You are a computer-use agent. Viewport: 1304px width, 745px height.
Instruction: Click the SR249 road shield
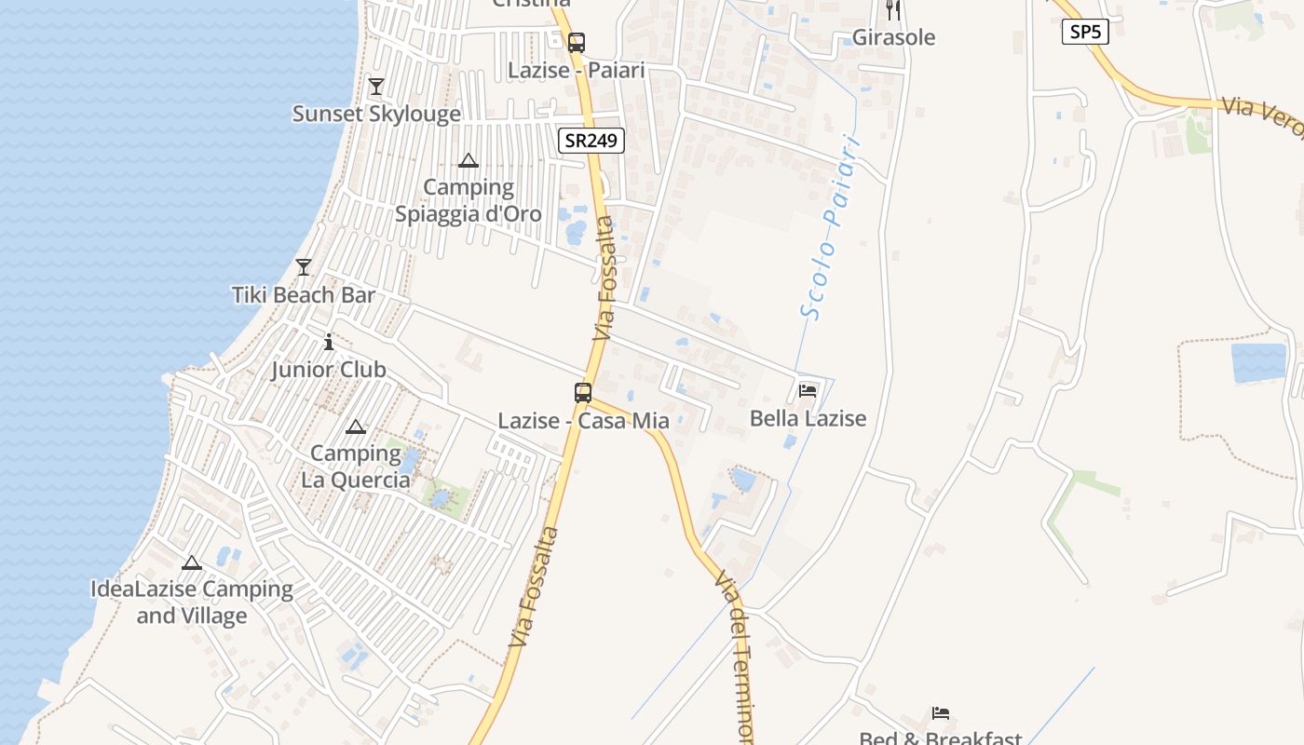point(591,141)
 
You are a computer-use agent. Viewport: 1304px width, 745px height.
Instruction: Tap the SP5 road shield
point(1084,32)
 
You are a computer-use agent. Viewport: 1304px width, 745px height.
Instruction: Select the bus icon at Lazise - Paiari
point(577,42)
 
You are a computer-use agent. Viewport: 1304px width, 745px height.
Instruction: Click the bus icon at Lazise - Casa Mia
point(583,393)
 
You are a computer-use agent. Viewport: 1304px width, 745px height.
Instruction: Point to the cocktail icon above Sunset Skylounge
point(376,87)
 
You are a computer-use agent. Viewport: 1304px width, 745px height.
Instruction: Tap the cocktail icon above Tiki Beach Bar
point(304,267)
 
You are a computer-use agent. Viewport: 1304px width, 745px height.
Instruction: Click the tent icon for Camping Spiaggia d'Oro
point(469,160)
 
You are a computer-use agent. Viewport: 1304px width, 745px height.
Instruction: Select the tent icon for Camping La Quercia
point(355,427)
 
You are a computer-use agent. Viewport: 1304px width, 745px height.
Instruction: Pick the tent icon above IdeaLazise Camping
point(192,562)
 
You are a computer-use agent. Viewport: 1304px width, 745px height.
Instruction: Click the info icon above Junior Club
point(329,342)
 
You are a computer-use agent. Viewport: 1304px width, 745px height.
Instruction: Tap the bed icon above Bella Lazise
point(808,391)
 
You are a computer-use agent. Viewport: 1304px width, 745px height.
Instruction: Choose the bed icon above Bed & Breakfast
point(941,713)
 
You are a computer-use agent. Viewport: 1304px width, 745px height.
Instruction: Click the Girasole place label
point(893,37)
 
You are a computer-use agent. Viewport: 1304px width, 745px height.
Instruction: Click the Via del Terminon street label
point(736,657)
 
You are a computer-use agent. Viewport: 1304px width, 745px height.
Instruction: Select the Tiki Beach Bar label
point(304,295)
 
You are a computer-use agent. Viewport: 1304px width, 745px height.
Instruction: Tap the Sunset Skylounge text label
point(376,114)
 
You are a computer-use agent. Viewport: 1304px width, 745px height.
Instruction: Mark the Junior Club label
point(329,370)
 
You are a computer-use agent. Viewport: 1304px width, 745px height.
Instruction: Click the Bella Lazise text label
point(808,418)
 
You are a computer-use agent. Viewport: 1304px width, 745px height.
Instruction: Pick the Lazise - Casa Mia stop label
point(583,421)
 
